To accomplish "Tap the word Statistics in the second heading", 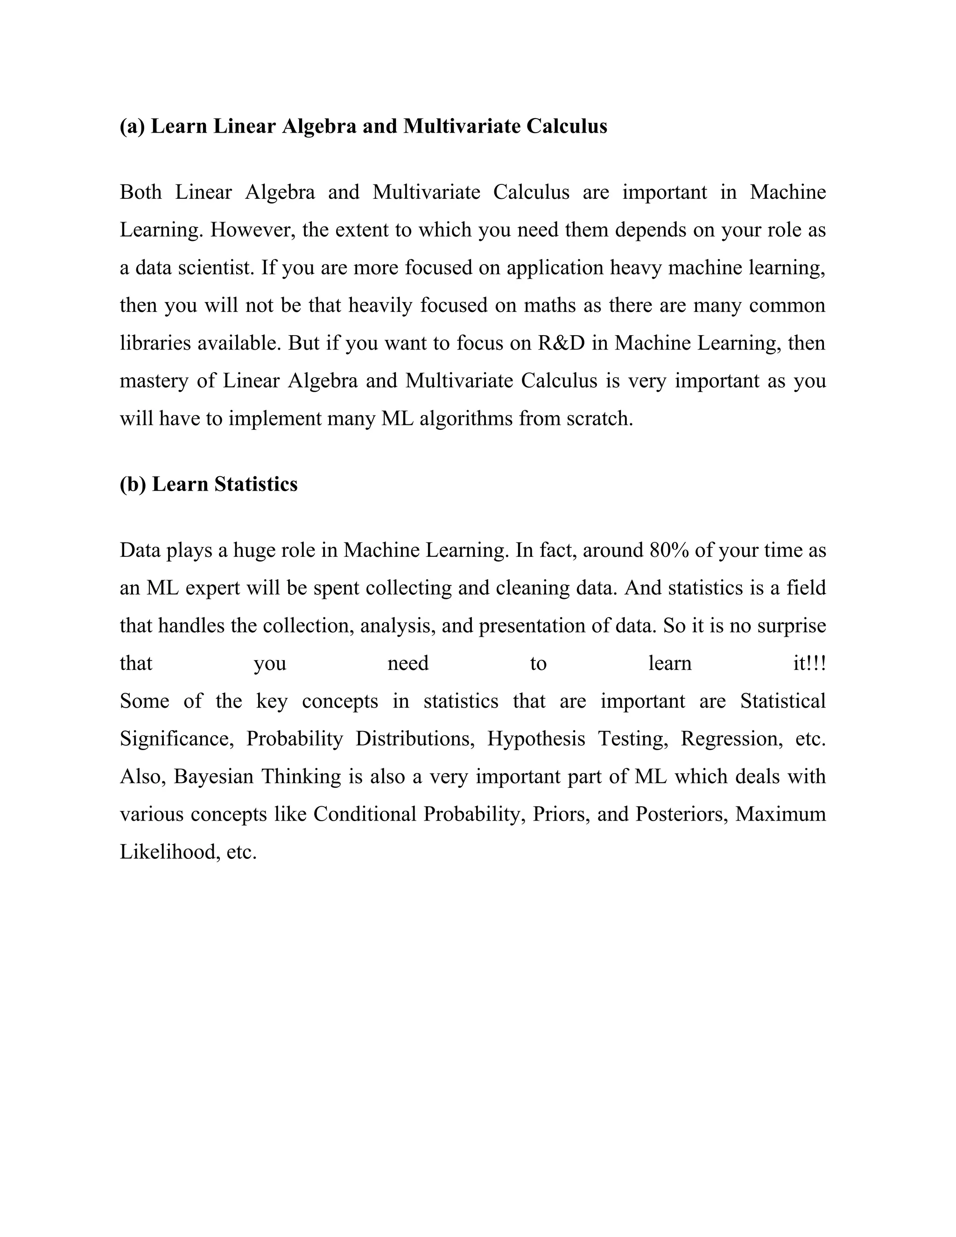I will click(x=255, y=484).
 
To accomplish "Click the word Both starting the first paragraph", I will click(x=141, y=193).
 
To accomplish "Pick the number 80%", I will click(x=669, y=550).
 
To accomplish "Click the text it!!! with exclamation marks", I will click(x=809, y=663).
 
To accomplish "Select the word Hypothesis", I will click(x=536, y=739).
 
